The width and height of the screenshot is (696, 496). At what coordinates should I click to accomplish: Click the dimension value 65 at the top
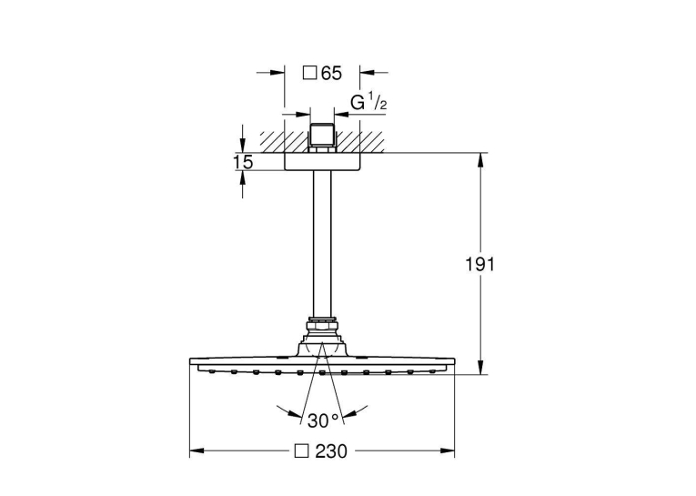pyautogui.click(x=331, y=74)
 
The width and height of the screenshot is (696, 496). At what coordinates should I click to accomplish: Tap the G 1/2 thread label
pyautogui.click(x=368, y=103)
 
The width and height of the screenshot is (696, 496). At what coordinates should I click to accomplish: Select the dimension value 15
pyautogui.click(x=243, y=162)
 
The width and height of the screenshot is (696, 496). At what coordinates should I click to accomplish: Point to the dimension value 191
pyautogui.click(x=479, y=265)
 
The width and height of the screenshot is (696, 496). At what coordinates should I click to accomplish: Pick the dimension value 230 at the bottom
pyautogui.click(x=331, y=451)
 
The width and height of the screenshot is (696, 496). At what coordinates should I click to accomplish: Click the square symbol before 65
pyautogui.click(x=309, y=73)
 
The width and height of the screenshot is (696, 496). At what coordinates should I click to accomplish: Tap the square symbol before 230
pyautogui.click(x=302, y=451)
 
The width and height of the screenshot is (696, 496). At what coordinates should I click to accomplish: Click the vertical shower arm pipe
pyautogui.click(x=322, y=244)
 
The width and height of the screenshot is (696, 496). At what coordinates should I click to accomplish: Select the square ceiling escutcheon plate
pyautogui.click(x=322, y=162)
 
